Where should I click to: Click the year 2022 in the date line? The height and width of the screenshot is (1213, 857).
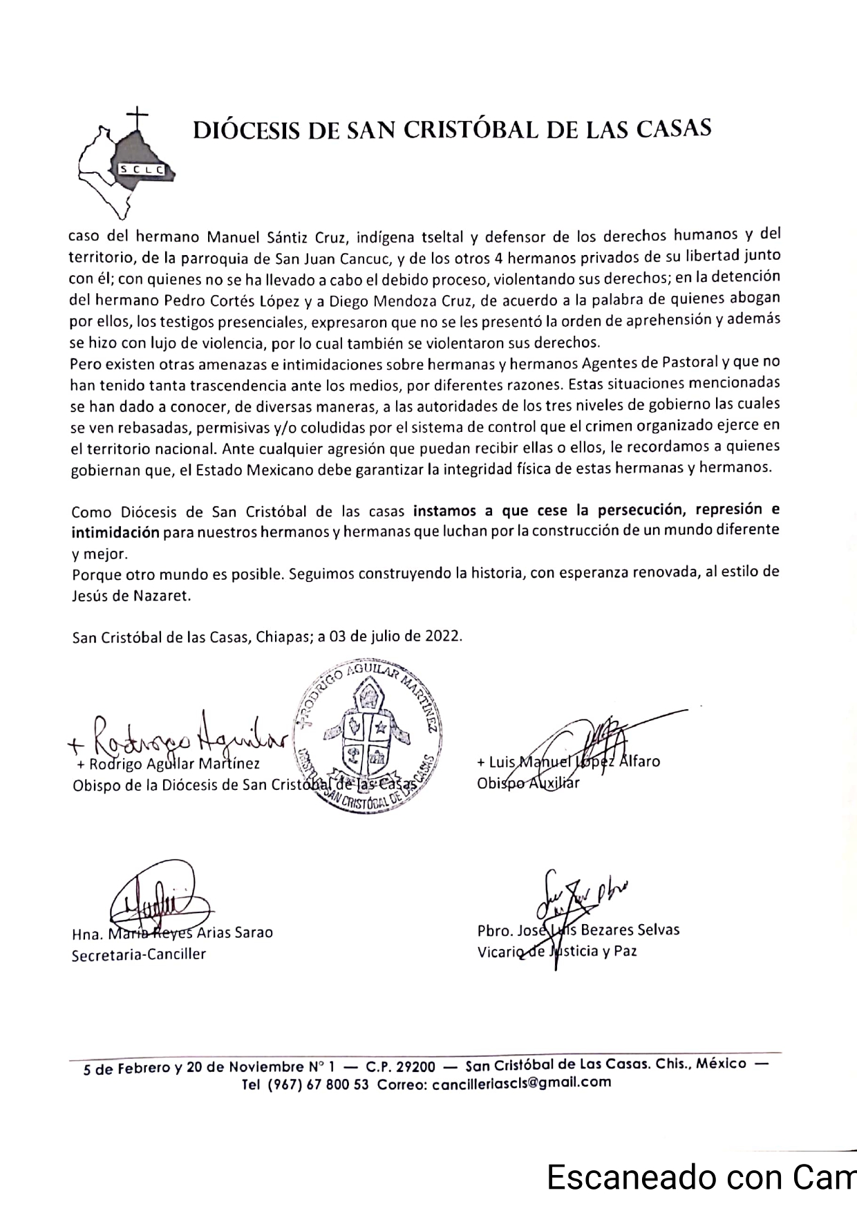tap(444, 636)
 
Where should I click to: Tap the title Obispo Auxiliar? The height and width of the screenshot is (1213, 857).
tap(528, 783)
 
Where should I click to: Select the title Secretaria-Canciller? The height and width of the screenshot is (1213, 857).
tap(139, 955)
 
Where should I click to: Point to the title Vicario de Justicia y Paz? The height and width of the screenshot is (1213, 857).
tap(557, 951)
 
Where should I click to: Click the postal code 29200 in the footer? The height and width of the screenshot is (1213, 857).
tap(413, 1066)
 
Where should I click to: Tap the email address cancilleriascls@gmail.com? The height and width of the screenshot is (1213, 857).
tap(521, 1082)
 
